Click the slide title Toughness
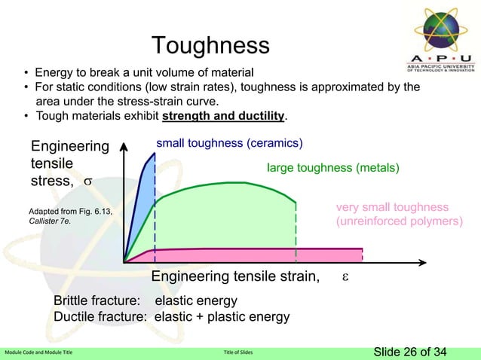[x=210, y=45]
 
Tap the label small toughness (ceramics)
[x=229, y=142]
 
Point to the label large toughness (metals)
[x=332, y=168]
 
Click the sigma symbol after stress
[x=87, y=182]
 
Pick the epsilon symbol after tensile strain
[x=345, y=277]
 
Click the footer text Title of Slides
[x=240, y=352]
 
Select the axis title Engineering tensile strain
[x=234, y=278]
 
